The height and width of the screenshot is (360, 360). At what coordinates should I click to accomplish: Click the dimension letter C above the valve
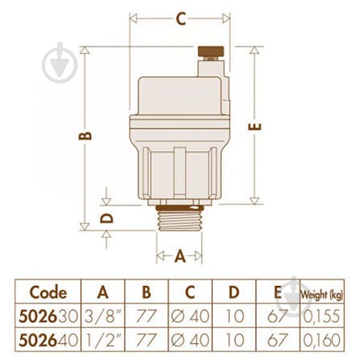[x=181, y=19]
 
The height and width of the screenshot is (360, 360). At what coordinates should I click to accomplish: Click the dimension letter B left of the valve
[x=86, y=136]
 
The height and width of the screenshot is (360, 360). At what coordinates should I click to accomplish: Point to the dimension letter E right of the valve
[x=255, y=126]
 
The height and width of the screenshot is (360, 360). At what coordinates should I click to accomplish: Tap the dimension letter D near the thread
[x=107, y=217]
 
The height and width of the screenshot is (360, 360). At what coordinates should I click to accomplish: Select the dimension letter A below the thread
[x=180, y=256]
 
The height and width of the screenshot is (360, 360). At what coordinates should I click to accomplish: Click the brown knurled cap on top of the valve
[x=211, y=51]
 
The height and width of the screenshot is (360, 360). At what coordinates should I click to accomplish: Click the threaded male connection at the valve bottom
[x=179, y=218]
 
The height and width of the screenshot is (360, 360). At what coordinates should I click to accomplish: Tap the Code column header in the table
[x=48, y=292]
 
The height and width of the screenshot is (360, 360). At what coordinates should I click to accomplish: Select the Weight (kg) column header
[x=322, y=294]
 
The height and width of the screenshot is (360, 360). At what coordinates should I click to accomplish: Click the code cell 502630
[x=48, y=316]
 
